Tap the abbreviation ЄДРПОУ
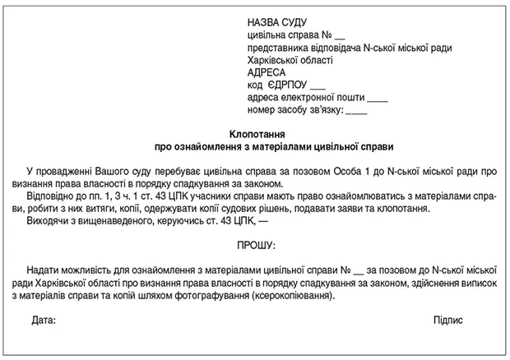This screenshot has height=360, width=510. (290, 85)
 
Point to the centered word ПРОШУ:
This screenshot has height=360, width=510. (256, 246)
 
